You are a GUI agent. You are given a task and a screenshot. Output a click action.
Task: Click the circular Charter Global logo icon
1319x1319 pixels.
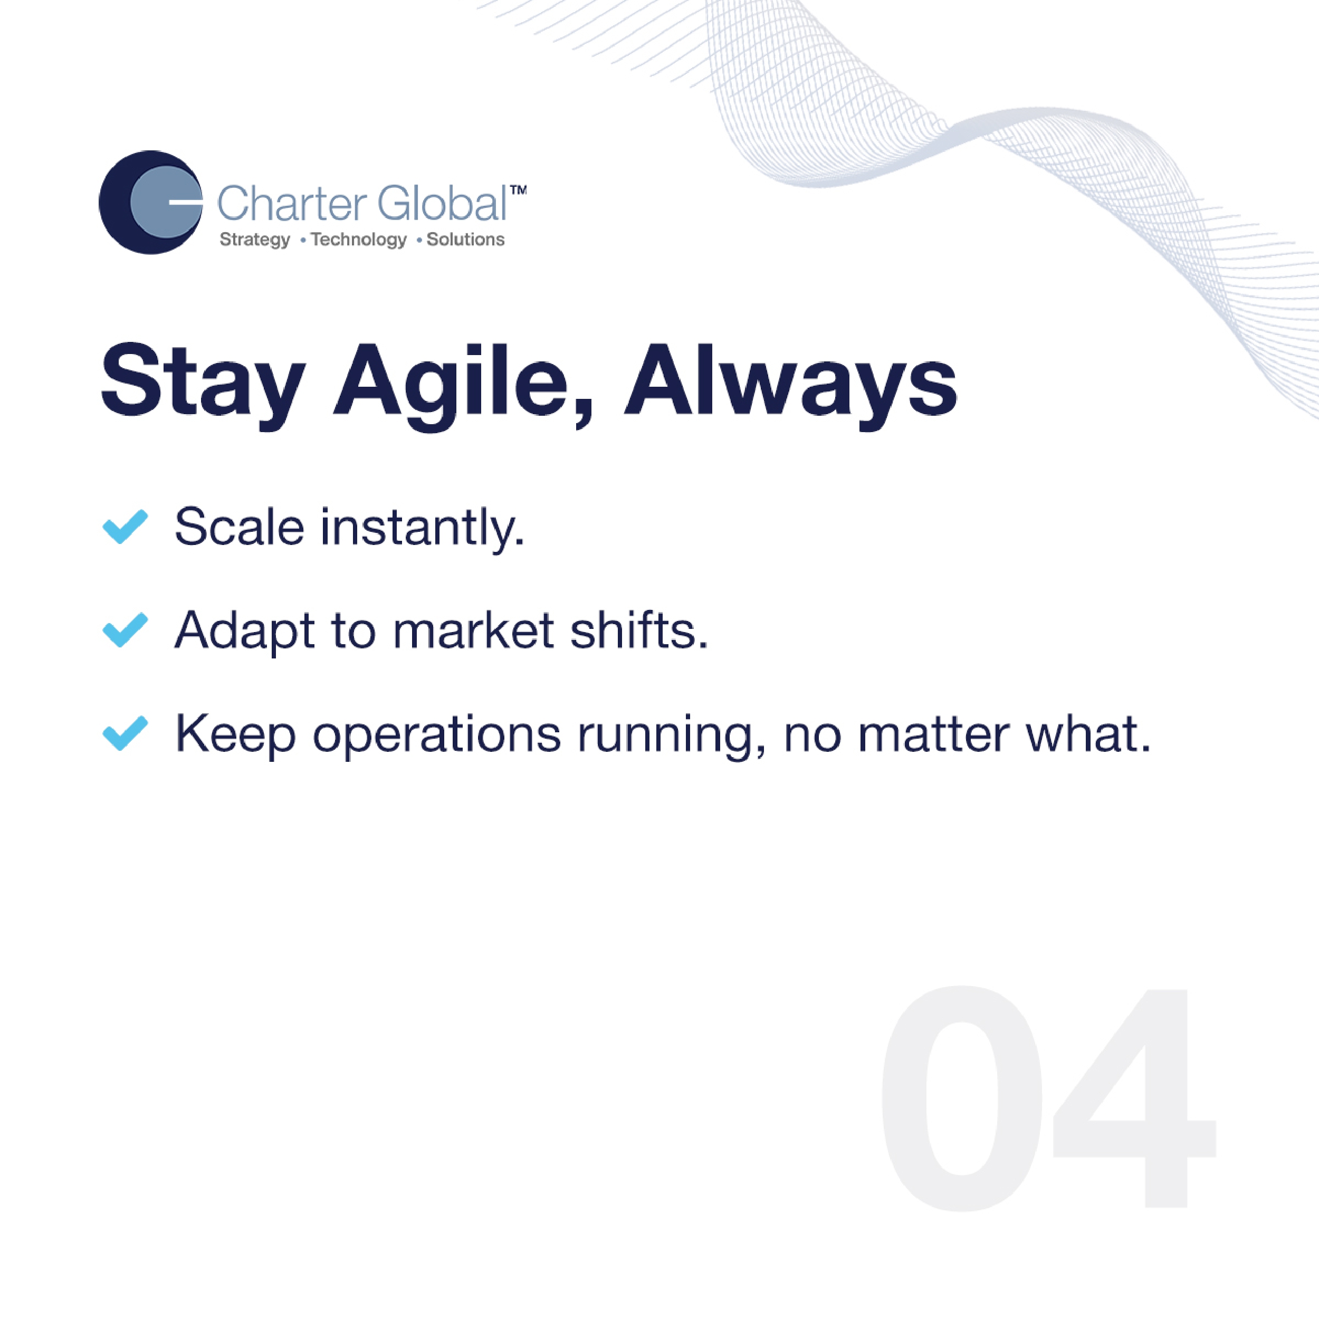click(151, 202)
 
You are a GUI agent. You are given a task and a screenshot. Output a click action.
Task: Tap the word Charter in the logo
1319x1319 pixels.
click(292, 204)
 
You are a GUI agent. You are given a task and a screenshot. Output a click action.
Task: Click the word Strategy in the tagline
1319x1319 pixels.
click(255, 240)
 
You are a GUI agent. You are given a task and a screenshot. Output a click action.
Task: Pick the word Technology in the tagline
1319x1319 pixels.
click(358, 240)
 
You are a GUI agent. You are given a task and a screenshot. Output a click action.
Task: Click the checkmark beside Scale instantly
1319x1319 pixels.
click(125, 527)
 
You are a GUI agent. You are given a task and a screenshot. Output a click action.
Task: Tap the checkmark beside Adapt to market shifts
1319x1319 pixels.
click(125, 629)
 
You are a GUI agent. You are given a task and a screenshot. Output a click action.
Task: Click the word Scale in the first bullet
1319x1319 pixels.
click(240, 527)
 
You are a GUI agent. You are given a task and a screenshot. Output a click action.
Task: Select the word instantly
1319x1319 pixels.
click(423, 530)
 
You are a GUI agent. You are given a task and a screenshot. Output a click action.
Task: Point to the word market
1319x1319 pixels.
click(473, 629)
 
